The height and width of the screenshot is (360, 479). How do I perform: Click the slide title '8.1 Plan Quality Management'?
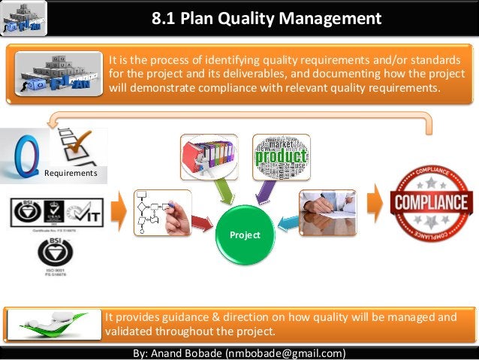266,18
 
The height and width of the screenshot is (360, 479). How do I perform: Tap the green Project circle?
246,234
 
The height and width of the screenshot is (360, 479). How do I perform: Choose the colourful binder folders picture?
208,156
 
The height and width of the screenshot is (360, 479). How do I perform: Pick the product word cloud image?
281,156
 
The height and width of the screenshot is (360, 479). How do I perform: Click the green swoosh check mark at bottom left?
53,325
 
